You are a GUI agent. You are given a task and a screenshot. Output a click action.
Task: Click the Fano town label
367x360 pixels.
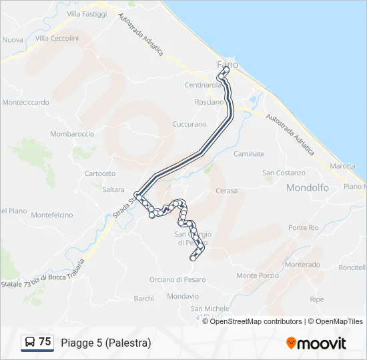point(228,65)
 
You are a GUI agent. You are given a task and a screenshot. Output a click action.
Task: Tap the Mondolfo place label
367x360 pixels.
point(307,188)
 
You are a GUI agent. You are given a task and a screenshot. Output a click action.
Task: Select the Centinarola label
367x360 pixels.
point(204,85)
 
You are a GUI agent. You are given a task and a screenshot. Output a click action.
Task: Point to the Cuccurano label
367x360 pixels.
point(190,125)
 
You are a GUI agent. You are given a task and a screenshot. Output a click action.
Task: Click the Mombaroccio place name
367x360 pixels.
point(72,134)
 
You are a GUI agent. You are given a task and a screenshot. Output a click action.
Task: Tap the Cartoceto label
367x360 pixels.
point(100,173)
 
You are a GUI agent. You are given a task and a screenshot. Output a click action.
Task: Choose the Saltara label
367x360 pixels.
point(113,189)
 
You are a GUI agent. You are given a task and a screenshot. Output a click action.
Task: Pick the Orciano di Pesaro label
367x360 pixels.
point(177,279)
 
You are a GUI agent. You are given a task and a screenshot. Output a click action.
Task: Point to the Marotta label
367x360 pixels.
point(342,165)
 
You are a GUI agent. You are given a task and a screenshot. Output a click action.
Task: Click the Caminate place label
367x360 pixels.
point(249,154)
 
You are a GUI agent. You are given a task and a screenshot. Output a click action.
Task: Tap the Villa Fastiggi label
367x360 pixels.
point(87,13)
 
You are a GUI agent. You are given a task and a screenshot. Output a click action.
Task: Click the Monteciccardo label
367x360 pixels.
point(26,103)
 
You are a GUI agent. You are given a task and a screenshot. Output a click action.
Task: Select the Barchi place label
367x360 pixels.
point(143,299)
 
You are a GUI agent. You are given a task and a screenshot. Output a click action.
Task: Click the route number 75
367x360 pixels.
point(45,341)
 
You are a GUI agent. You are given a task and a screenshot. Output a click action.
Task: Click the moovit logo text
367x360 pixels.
point(322,343)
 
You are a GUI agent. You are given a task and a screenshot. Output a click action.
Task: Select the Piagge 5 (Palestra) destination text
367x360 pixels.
point(105,343)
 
